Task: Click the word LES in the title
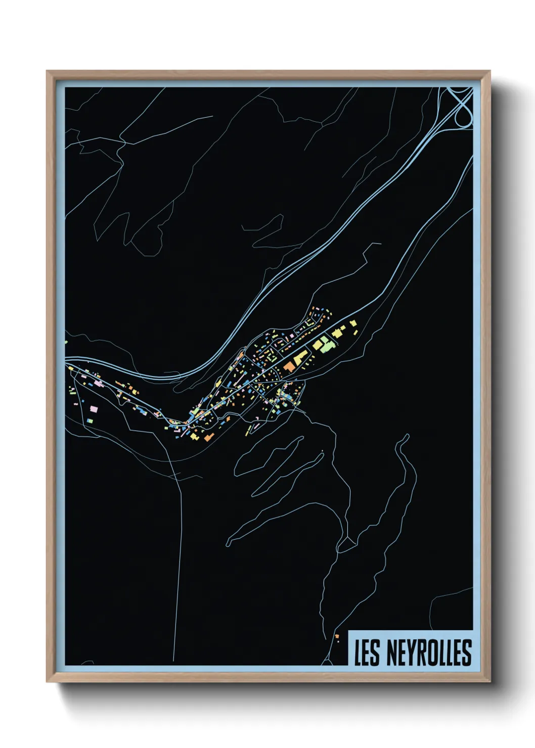368,652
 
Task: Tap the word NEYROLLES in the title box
429,652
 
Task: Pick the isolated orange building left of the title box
336,636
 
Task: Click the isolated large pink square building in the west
94,408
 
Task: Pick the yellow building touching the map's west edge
66,342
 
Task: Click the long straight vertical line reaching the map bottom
177,581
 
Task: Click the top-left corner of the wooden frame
48,72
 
